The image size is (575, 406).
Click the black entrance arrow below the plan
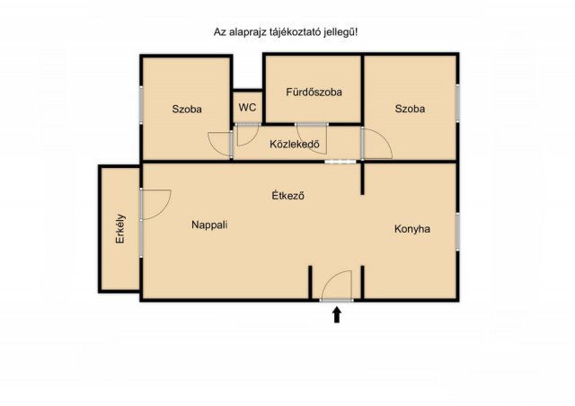[337, 315]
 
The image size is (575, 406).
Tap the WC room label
[248, 108]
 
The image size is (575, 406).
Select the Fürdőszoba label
[314, 92]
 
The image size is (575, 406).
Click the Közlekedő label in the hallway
[295, 144]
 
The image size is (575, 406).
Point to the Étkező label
[287, 195]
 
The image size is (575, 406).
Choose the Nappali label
[209, 225]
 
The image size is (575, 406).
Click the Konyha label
[412, 229]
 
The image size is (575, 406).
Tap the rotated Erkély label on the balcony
[120, 229]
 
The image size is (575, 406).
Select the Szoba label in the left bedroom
[187, 109]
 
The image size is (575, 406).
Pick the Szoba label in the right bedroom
[410, 109]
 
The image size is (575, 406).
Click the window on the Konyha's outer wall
[457, 232]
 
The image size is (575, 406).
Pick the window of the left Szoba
[142, 105]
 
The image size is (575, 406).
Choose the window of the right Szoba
[457, 103]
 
